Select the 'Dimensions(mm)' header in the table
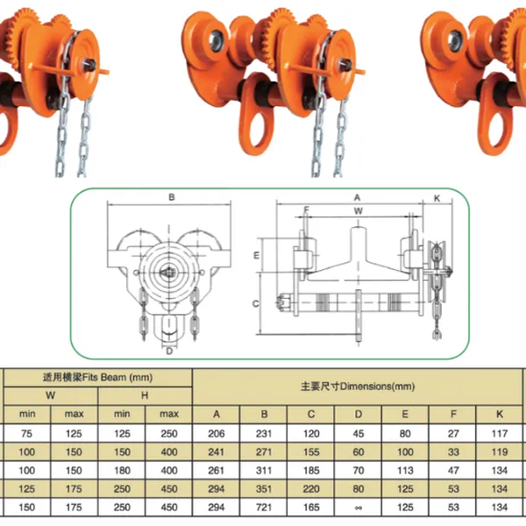357,386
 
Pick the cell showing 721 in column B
262,507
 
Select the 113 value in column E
405,470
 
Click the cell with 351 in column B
262,488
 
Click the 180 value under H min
122,470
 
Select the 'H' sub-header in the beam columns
145,395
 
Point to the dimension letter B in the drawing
172,198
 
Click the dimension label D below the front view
168,352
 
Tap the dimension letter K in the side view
436,198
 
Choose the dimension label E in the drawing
256,255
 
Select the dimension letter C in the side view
255,304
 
